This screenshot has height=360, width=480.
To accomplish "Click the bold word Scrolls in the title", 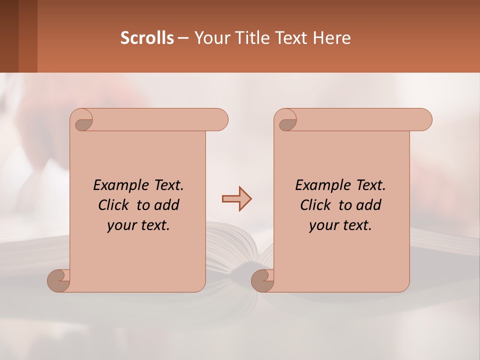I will tap(147, 38).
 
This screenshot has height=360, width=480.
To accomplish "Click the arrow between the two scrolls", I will tap(236, 199).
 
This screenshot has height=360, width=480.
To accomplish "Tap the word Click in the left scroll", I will tap(113, 205).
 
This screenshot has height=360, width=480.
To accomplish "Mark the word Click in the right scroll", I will tap(315, 205).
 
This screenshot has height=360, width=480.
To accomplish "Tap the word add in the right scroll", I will tap(369, 205).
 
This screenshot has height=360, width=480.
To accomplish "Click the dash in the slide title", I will tap(183, 38).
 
